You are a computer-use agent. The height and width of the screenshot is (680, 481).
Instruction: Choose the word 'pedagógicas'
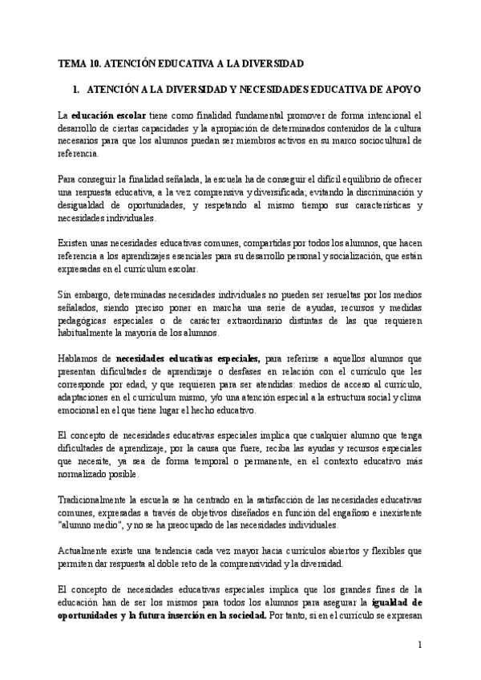86,320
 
